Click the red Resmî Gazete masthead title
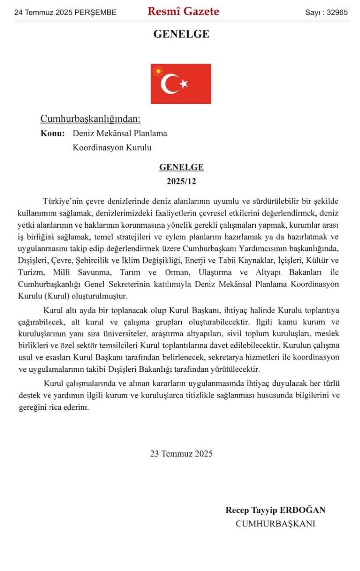[183, 12]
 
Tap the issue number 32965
[336, 12]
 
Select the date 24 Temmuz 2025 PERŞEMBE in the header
[65, 12]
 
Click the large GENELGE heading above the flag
[181, 34]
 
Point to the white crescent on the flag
[169, 84]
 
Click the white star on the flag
[184, 84]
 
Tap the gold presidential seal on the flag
[158, 70]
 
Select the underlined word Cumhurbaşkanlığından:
[90, 119]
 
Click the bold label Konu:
[53, 133]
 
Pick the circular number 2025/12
[181, 181]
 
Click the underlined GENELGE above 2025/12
[181, 167]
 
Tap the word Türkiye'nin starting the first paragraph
[63, 201]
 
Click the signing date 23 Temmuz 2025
[181, 454]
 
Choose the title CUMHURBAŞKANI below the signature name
[275, 524]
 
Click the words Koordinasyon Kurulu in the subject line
[112, 148]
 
